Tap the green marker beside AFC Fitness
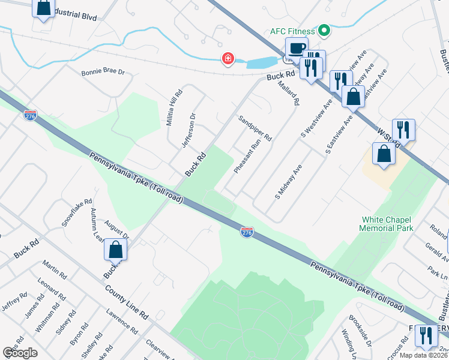coord(325,29)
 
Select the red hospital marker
coord(228,59)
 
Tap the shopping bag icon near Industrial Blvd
coord(43,8)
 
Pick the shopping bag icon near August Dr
coord(115,250)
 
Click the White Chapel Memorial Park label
coord(387,224)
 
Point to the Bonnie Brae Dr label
coord(103,72)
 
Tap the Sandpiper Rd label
coord(255,128)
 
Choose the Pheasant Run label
coord(247,157)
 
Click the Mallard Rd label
coord(288,92)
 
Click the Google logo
coord(20,353)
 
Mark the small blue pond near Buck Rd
coord(260,62)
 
